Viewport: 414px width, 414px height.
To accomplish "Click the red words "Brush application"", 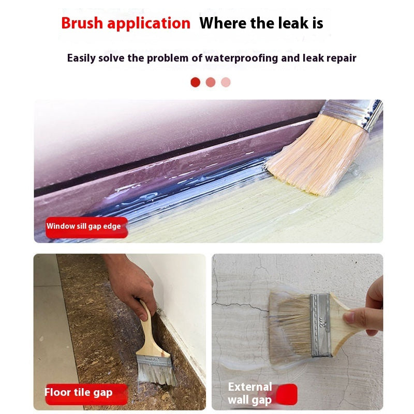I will (x=126, y=23).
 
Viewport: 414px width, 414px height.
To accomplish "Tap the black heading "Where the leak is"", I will (x=261, y=23).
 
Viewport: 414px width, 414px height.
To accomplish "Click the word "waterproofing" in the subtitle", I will (x=242, y=57).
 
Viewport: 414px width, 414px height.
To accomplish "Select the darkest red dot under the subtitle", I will (x=195, y=82).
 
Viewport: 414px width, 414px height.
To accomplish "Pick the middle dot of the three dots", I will (x=210, y=82).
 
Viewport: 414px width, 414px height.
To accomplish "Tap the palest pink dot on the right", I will (x=226, y=82).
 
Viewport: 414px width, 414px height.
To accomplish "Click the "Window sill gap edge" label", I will (x=84, y=226).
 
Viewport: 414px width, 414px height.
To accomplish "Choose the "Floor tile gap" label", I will (x=78, y=392).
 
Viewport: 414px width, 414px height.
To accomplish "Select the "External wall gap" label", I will (x=250, y=393).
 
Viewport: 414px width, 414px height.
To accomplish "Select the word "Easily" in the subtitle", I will (x=81, y=57).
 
